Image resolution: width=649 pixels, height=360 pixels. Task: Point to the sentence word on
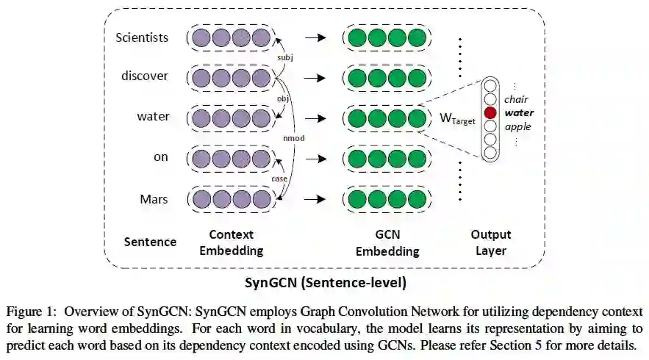pos(160,158)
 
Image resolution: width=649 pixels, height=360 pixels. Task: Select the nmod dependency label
pos(293,137)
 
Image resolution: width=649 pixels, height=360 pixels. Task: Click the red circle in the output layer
pos(490,112)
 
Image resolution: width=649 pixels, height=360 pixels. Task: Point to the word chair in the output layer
pos(517,99)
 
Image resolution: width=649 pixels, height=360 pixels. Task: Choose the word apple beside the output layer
pos(517,126)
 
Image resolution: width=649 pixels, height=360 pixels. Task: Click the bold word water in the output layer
pos(519,112)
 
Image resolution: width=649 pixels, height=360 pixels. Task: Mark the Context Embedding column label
pos(232,242)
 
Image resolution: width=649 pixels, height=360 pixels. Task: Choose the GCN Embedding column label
pos(387,242)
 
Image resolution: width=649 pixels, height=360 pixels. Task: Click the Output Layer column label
pos(491,242)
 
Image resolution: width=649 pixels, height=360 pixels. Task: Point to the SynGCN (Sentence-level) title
pos(325,281)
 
